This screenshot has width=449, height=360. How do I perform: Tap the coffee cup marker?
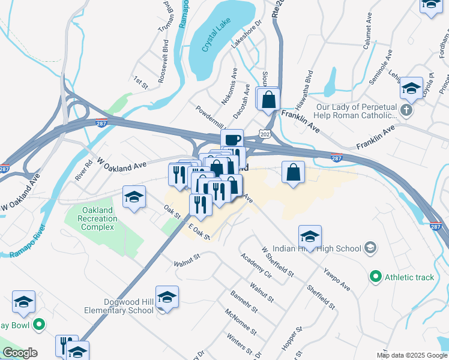(232, 139)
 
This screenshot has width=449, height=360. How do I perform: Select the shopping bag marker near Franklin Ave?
(268, 98)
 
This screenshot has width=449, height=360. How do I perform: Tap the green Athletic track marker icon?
(376, 277)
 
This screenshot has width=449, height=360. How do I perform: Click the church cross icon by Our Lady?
(407, 110)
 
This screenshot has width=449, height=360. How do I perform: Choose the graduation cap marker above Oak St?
(134, 197)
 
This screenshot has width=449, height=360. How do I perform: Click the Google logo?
(20, 353)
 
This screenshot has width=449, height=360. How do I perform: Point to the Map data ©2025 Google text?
(411, 355)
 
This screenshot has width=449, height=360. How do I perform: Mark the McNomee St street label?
(241, 322)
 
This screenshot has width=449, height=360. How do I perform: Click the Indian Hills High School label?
(316, 248)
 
